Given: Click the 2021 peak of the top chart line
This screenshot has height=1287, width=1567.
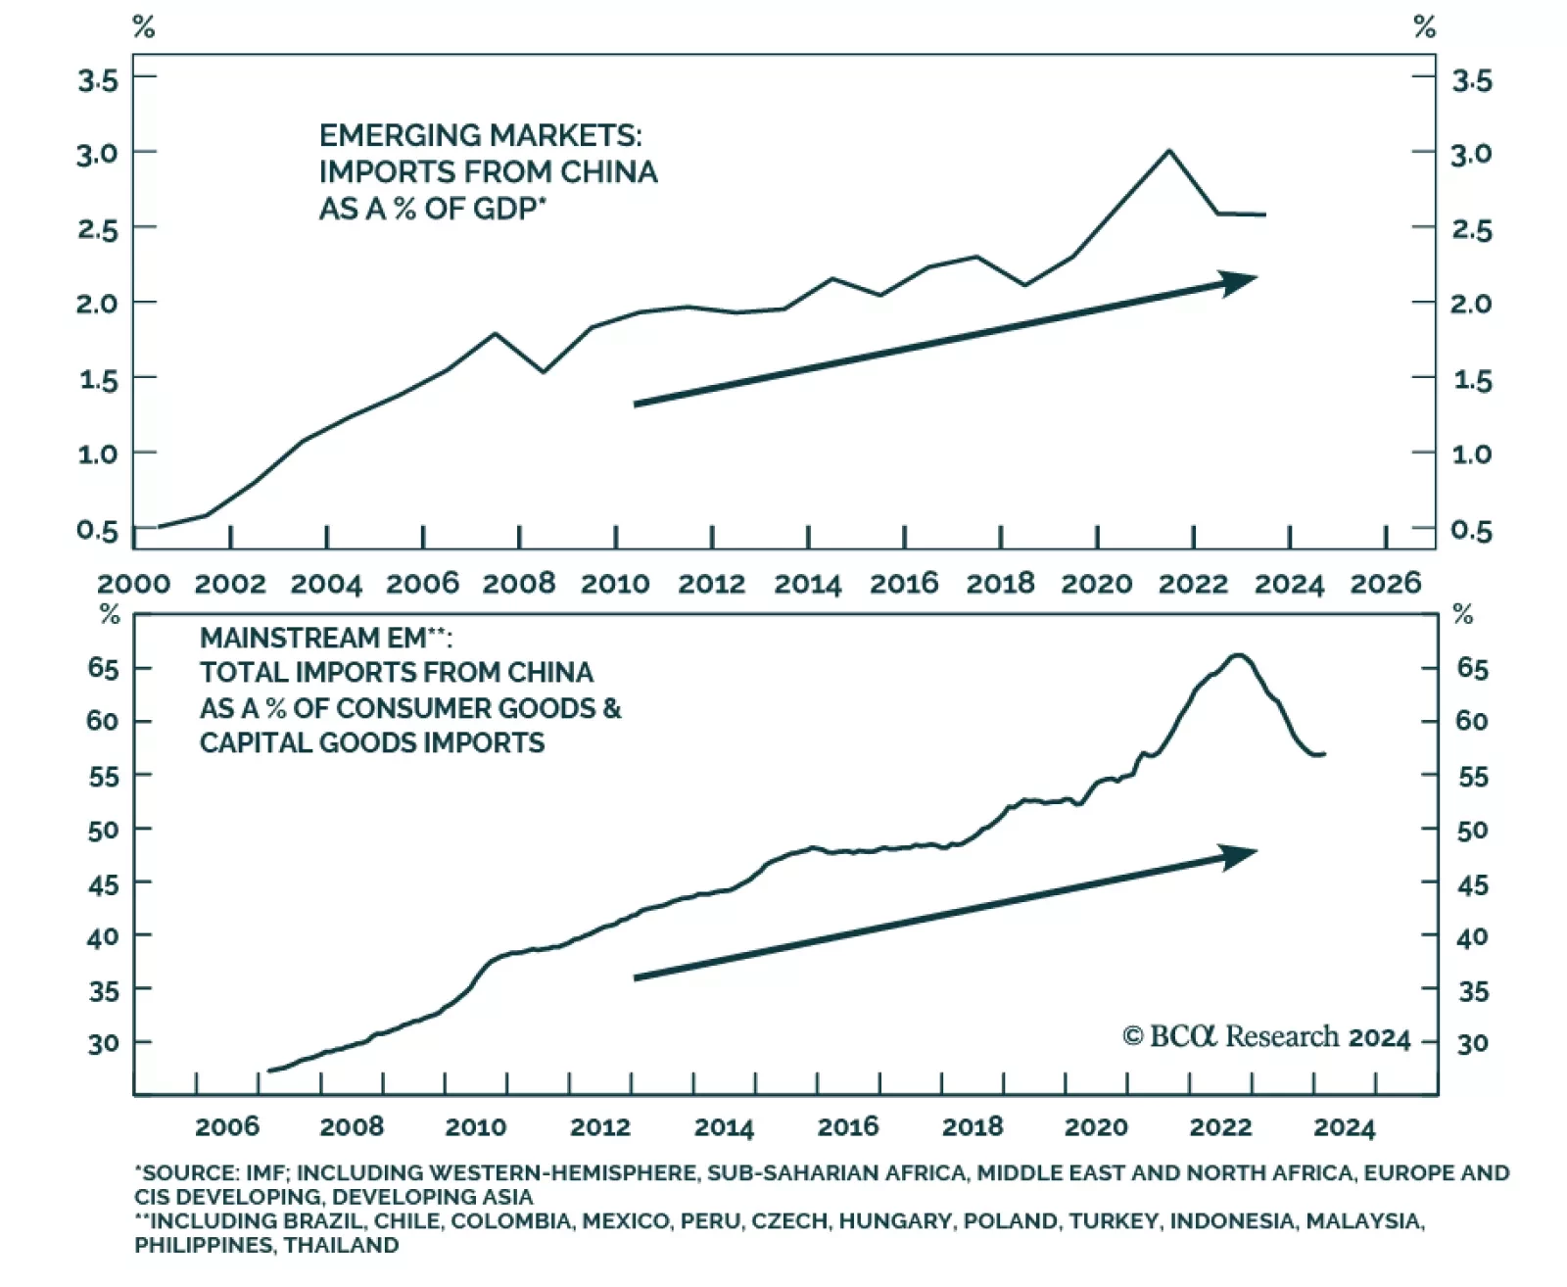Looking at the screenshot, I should point(1168,151).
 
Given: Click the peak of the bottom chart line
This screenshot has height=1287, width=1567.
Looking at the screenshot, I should point(1239,654).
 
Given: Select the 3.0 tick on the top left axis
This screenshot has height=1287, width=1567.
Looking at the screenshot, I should point(98,154).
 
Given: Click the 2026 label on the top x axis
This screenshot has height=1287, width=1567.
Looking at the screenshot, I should point(1385,584).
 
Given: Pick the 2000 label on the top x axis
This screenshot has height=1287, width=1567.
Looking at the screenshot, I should point(133,584).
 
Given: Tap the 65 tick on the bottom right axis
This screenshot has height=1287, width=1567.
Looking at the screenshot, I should point(1472,669).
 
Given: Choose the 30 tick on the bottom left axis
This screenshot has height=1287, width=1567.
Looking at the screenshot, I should point(103,1043).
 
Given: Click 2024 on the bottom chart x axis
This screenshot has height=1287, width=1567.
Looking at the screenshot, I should point(1344,1127).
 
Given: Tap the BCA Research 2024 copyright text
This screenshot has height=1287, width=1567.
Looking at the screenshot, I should point(1265,1037).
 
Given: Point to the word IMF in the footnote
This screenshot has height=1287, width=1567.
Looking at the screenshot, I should point(265,1172).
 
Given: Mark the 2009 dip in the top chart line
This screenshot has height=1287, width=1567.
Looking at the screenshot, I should point(544,372).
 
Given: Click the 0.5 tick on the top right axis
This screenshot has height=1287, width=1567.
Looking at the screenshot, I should point(1471,531).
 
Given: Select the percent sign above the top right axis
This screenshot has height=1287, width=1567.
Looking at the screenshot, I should point(1425,27).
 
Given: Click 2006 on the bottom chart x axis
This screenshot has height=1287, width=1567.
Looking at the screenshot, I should point(227,1127).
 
